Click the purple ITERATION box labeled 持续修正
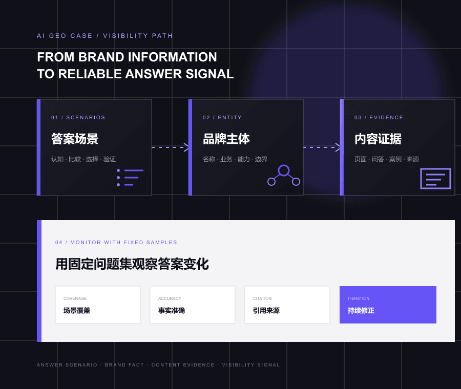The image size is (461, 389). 388,305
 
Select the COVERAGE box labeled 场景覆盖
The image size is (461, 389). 98,305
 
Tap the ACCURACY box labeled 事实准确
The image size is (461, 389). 193,305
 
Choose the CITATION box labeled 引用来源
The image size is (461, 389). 287,305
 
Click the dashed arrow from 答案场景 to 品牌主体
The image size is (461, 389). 170,147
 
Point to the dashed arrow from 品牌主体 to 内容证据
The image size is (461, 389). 322,147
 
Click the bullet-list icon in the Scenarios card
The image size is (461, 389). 130,178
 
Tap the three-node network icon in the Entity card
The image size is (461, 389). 284,176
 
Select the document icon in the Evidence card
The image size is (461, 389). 435,178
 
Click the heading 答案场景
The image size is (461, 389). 75,139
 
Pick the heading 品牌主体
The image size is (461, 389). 226,139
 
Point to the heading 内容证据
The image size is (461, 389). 378,139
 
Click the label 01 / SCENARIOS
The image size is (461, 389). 78,118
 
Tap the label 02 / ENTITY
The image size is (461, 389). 222,118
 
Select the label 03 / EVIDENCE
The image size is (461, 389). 379,118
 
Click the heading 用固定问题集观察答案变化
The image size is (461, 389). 132,264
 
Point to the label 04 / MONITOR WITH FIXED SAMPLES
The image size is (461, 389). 116,243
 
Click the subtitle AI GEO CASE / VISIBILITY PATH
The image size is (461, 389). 104,36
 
